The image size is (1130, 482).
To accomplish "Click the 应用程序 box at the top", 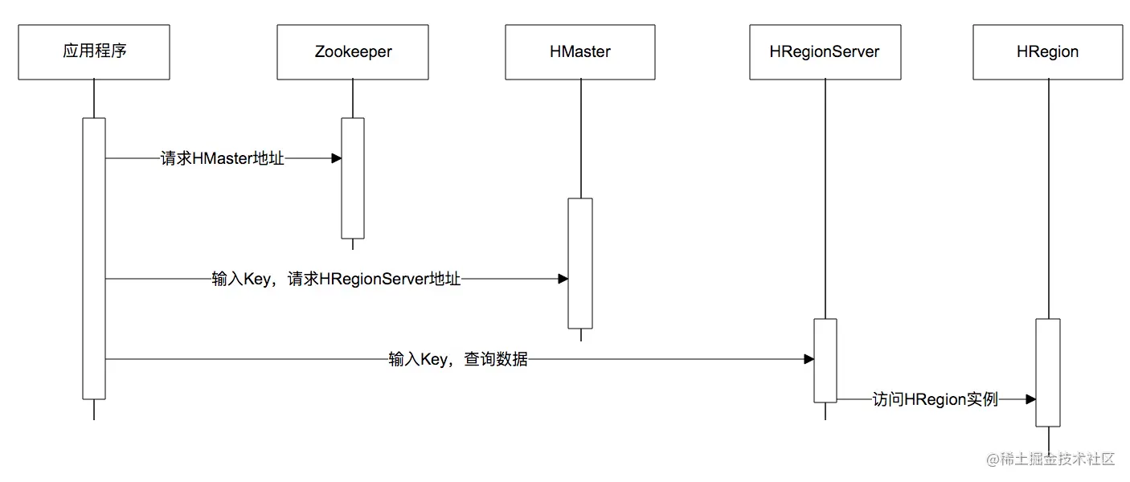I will click(x=94, y=52).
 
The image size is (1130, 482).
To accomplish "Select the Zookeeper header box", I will click(x=352, y=52).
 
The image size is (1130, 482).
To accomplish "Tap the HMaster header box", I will click(x=579, y=52).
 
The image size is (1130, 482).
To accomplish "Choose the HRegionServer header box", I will click(x=825, y=52).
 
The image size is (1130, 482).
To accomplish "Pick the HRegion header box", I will click(x=1047, y=52).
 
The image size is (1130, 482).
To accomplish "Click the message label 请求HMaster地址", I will click(x=223, y=159).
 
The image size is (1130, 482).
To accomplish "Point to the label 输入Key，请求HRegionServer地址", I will click(x=336, y=280).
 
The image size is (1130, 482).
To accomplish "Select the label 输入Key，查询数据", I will click(x=458, y=360).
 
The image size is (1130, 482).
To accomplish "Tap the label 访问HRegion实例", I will click(x=936, y=399).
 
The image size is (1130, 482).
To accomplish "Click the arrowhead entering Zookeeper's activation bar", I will click(x=337, y=159).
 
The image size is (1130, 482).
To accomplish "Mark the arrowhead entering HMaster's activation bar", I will click(x=563, y=280).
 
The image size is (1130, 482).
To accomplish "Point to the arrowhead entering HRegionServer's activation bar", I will click(x=809, y=360).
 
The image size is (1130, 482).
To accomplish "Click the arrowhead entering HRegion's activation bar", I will click(x=1030, y=399).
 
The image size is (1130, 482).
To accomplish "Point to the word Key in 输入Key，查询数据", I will click(x=435, y=360).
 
